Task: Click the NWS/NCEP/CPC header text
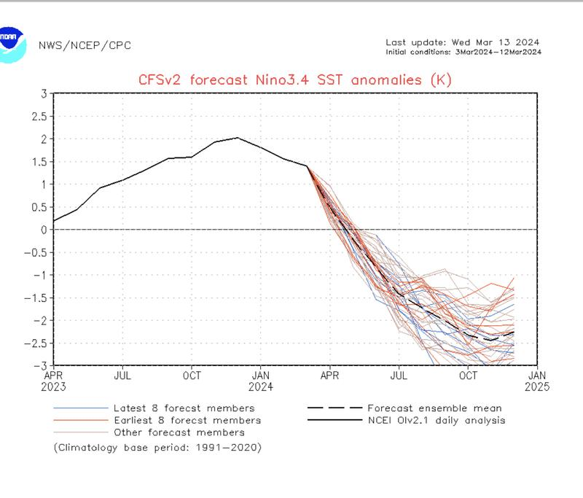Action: [84, 45]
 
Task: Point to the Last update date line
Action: [462, 42]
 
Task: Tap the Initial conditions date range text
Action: [463, 52]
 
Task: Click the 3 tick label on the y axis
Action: [44, 93]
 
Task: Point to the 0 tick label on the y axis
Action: [44, 230]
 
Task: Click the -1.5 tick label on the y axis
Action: [37, 297]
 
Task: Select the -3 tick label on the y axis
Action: [42, 365]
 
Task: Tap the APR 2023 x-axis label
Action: [54, 381]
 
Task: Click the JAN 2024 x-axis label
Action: [261, 381]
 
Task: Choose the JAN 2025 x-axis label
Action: [538, 381]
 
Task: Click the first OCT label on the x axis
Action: [192, 376]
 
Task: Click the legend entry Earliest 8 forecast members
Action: [187, 420]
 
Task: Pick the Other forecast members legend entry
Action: [179, 432]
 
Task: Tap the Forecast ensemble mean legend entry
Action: [434, 408]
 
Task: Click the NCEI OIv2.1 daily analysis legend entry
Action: [437, 420]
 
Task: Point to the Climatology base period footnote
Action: [157, 447]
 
